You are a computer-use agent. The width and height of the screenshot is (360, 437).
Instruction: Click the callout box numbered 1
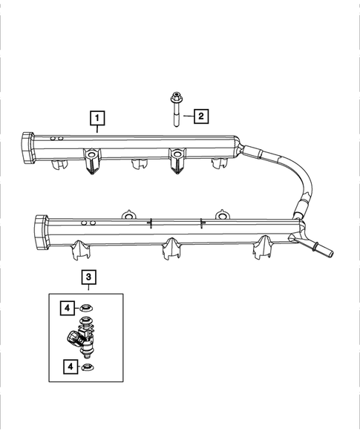click(x=97, y=117)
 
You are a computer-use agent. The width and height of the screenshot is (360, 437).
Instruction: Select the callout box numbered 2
click(x=200, y=116)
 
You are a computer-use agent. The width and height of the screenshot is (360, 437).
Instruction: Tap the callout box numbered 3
click(x=89, y=277)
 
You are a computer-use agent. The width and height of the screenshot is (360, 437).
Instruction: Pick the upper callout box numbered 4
click(x=67, y=306)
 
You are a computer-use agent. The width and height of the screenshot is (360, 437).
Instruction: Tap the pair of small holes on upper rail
click(x=53, y=139)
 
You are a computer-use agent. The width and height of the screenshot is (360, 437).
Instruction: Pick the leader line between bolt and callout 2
click(x=186, y=116)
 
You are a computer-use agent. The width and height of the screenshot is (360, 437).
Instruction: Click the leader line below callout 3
click(x=89, y=289)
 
